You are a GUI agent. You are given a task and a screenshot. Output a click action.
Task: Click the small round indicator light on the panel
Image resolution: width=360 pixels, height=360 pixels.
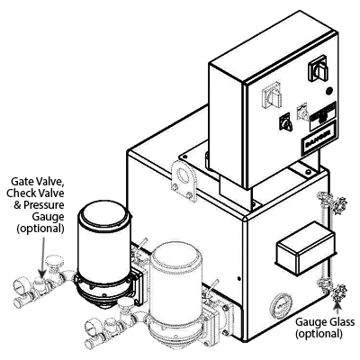tap(329, 90)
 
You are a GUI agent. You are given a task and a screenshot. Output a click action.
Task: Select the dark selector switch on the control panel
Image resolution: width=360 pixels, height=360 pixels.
tap(285, 122)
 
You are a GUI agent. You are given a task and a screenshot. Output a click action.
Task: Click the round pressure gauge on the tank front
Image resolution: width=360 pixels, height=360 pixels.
tap(281, 305)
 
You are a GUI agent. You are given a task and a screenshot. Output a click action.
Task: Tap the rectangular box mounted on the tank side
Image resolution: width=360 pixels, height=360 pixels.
tap(305, 248)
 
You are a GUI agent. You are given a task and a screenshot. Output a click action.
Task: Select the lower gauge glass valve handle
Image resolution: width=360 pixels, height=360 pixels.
tap(339, 292)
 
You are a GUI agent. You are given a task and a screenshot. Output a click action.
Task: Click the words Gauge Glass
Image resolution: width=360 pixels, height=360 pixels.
tap(325, 322)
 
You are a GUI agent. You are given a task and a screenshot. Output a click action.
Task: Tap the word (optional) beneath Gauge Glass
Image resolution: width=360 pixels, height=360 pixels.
tap(319, 333)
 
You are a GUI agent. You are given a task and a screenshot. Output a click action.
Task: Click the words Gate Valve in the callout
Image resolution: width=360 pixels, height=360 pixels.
tap(38, 182)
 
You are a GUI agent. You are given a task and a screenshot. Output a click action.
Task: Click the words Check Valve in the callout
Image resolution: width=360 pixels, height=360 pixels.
tap(35, 193)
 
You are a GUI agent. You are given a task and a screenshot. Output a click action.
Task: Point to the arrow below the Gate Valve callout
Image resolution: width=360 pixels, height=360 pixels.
tap(42, 257)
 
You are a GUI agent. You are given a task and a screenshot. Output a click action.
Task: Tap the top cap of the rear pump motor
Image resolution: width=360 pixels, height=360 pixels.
tap(104, 213)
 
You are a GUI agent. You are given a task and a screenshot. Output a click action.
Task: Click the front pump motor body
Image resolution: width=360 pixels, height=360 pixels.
tap(175, 282)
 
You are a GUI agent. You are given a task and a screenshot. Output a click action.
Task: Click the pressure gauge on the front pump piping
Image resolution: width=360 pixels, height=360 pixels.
tap(93, 326)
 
